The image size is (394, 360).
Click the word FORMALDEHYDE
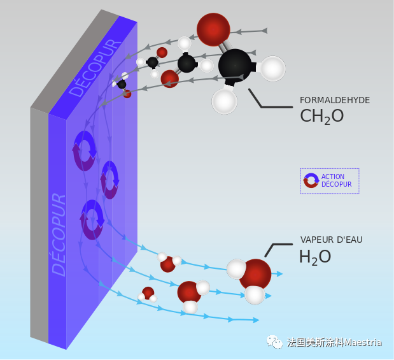[x=335, y=100]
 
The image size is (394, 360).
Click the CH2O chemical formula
[x=321, y=116]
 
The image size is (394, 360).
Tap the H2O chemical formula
[x=315, y=257]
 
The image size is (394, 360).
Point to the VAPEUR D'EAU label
[x=332, y=240]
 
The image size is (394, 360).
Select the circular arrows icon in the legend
[x=311, y=180]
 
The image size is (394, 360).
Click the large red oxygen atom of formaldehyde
[x=213, y=29]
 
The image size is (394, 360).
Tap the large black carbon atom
[x=234, y=64]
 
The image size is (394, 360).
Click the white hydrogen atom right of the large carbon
[x=272, y=69]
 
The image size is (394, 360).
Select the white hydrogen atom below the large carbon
[x=224, y=101]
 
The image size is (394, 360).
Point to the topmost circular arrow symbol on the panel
[x=85, y=150]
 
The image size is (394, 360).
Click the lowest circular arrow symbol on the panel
[x=92, y=219]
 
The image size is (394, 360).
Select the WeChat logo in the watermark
[x=276, y=343]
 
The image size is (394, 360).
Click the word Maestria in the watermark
[x=363, y=343]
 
